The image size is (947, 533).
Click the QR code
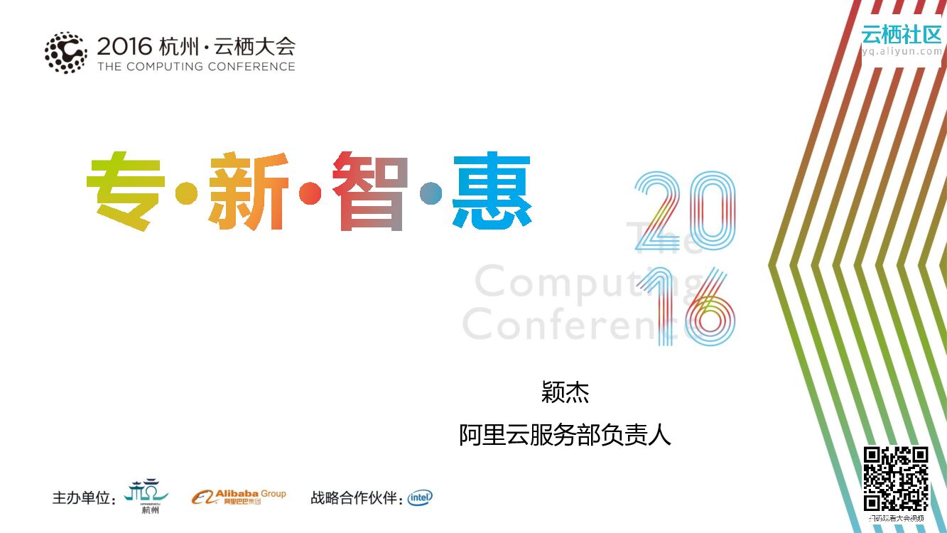tap(896, 478)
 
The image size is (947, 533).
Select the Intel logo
tap(420, 497)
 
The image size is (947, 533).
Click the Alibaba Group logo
tap(239, 497)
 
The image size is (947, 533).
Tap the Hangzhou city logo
tap(147, 495)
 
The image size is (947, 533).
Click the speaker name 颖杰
tap(566, 392)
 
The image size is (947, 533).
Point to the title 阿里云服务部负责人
tap(566, 434)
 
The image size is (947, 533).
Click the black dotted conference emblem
tap(66, 53)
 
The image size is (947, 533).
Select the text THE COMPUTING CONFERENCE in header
tap(196, 67)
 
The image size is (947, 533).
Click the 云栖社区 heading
tap(901, 33)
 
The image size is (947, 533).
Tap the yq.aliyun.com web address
tap(901, 51)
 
